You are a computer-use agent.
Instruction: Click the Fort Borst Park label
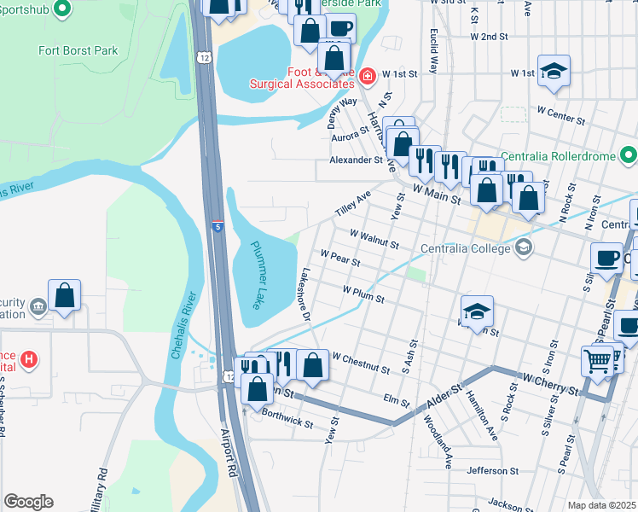(x=78, y=50)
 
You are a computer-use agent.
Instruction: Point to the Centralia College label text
(x=465, y=248)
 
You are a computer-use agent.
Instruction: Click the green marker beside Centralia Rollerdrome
(x=629, y=155)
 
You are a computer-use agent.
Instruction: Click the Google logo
(x=28, y=502)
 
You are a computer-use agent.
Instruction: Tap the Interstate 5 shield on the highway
(x=217, y=226)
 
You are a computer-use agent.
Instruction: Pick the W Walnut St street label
(x=374, y=238)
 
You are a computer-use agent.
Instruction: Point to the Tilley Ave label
(x=353, y=203)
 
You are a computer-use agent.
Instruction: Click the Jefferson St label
(x=493, y=470)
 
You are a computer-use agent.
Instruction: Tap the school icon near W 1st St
(x=554, y=73)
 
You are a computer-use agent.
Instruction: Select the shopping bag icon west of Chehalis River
(x=65, y=296)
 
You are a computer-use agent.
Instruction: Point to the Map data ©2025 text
(x=601, y=505)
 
